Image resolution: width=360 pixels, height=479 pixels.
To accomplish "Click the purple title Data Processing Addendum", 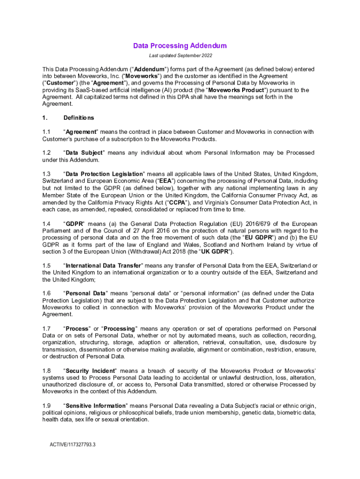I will pyautogui.click(x=180, y=46).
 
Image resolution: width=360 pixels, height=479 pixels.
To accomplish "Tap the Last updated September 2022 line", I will pyautogui.click(x=180, y=56).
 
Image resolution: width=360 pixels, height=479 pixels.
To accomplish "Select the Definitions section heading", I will pyautogui.click(x=79, y=118).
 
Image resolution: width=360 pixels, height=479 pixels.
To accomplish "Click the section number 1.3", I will pyautogui.click(x=46, y=174).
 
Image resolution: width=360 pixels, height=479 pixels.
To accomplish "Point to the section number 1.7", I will pyautogui.click(x=46, y=329).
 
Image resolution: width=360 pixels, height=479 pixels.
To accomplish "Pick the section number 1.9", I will pyautogui.click(x=46, y=406).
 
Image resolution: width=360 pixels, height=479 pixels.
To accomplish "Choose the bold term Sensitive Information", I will pyautogui.click(x=95, y=406).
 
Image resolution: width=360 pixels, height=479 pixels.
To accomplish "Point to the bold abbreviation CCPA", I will pyautogui.click(x=179, y=202).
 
